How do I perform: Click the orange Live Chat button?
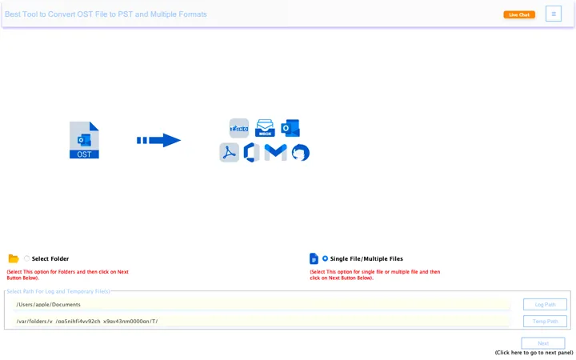(x=518, y=14)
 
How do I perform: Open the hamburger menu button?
(x=554, y=14)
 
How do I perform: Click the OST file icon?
(x=84, y=140)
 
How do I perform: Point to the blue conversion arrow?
(x=158, y=140)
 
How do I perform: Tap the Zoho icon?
(x=239, y=128)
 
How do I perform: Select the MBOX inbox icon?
(x=265, y=128)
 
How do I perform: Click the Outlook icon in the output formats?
(x=290, y=128)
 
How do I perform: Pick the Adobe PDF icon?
(x=230, y=152)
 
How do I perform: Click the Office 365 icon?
(x=250, y=152)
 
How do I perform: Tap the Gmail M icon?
(x=275, y=152)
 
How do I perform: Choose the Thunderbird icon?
(x=300, y=152)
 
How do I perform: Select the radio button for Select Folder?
(x=26, y=258)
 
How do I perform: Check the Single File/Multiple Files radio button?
(x=325, y=258)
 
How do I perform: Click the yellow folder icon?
(x=14, y=258)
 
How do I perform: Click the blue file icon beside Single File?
(x=314, y=258)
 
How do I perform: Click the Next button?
(x=543, y=342)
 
